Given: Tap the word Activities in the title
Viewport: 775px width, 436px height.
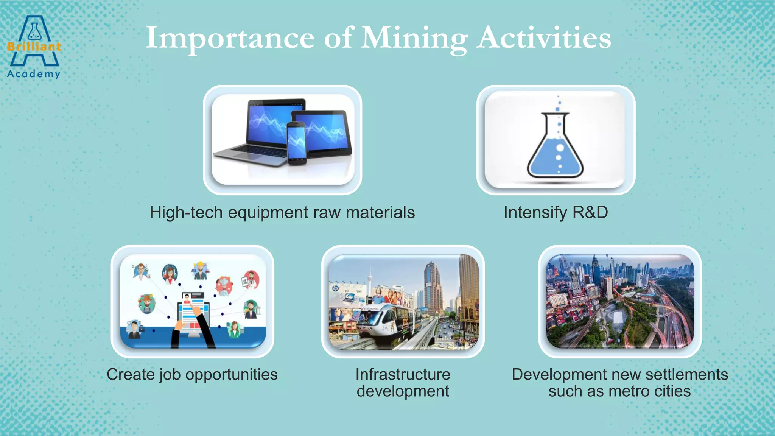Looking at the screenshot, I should click(x=543, y=38).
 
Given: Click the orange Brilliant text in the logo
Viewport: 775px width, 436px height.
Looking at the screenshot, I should click(x=34, y=47).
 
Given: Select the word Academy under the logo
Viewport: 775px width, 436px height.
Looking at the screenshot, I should click(x=33, y=73).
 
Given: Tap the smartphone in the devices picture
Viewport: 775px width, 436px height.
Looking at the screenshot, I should click(x=296, y=143).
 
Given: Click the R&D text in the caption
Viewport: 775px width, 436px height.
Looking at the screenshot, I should click(x=590, y=212).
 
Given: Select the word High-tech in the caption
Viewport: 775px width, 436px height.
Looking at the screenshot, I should click(x=186, y=212).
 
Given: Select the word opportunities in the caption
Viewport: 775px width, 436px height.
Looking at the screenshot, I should click(x=231, y=374).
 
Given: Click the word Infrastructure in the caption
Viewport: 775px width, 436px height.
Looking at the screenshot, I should click(x=403, y=374).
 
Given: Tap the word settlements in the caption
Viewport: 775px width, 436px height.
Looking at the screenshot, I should click(x=686, y=374).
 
